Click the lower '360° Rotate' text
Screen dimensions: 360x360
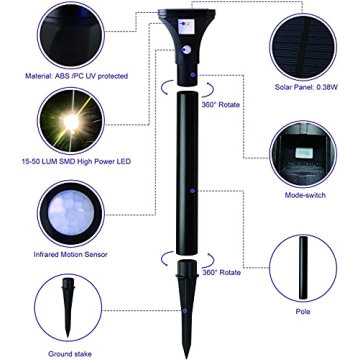[x=222, y=272]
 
